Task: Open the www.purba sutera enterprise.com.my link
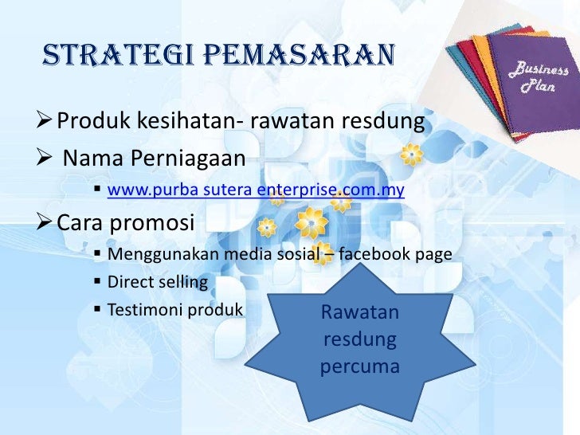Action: pos(256,190)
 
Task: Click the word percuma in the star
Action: pos(359,368)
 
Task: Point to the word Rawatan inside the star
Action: pos(359,314)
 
